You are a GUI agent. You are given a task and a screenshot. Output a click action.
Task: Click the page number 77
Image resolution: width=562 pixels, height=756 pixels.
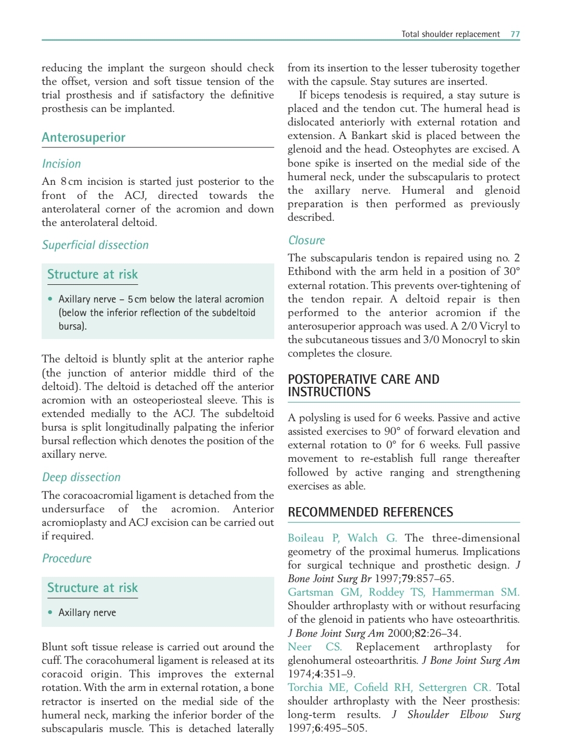click(x=515, y=34)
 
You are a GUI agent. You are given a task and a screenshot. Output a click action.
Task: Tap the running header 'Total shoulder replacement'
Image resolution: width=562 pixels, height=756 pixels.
click(x=450, y=34)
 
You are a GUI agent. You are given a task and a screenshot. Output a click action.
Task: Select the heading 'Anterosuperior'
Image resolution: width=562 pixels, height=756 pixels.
click(x=83, y=137)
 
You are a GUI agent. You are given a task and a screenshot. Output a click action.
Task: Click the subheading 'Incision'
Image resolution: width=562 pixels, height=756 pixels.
click(x=61, y=164)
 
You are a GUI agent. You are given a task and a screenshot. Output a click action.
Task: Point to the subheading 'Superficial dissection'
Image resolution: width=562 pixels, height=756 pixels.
click(x=95, y=245)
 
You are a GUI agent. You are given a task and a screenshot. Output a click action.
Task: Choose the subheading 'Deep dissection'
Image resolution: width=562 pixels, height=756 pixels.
click(x=81, y=477)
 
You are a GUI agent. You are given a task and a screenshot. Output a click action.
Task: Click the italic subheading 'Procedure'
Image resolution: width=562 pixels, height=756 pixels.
click(x=67, y=559)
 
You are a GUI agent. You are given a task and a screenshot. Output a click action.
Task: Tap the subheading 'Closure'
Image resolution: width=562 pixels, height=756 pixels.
click(x=306, y=241)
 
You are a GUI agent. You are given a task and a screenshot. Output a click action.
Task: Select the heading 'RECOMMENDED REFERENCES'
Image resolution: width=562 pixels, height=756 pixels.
click(x=370, y=512)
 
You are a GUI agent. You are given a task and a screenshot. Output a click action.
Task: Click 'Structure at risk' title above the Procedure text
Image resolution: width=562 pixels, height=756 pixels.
click(x=92, y=588)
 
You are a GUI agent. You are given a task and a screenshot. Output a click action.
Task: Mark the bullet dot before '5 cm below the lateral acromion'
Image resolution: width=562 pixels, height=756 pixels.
click(x=50, y=299)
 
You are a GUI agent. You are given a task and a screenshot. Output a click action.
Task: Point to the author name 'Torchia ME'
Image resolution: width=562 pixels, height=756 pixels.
click(x=317, y=688)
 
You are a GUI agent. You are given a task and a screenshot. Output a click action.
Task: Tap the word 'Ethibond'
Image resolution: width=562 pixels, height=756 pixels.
click(x=312, y=272)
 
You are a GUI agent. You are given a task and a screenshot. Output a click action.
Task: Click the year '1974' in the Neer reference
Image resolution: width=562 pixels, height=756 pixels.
click(x=300, y=674)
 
